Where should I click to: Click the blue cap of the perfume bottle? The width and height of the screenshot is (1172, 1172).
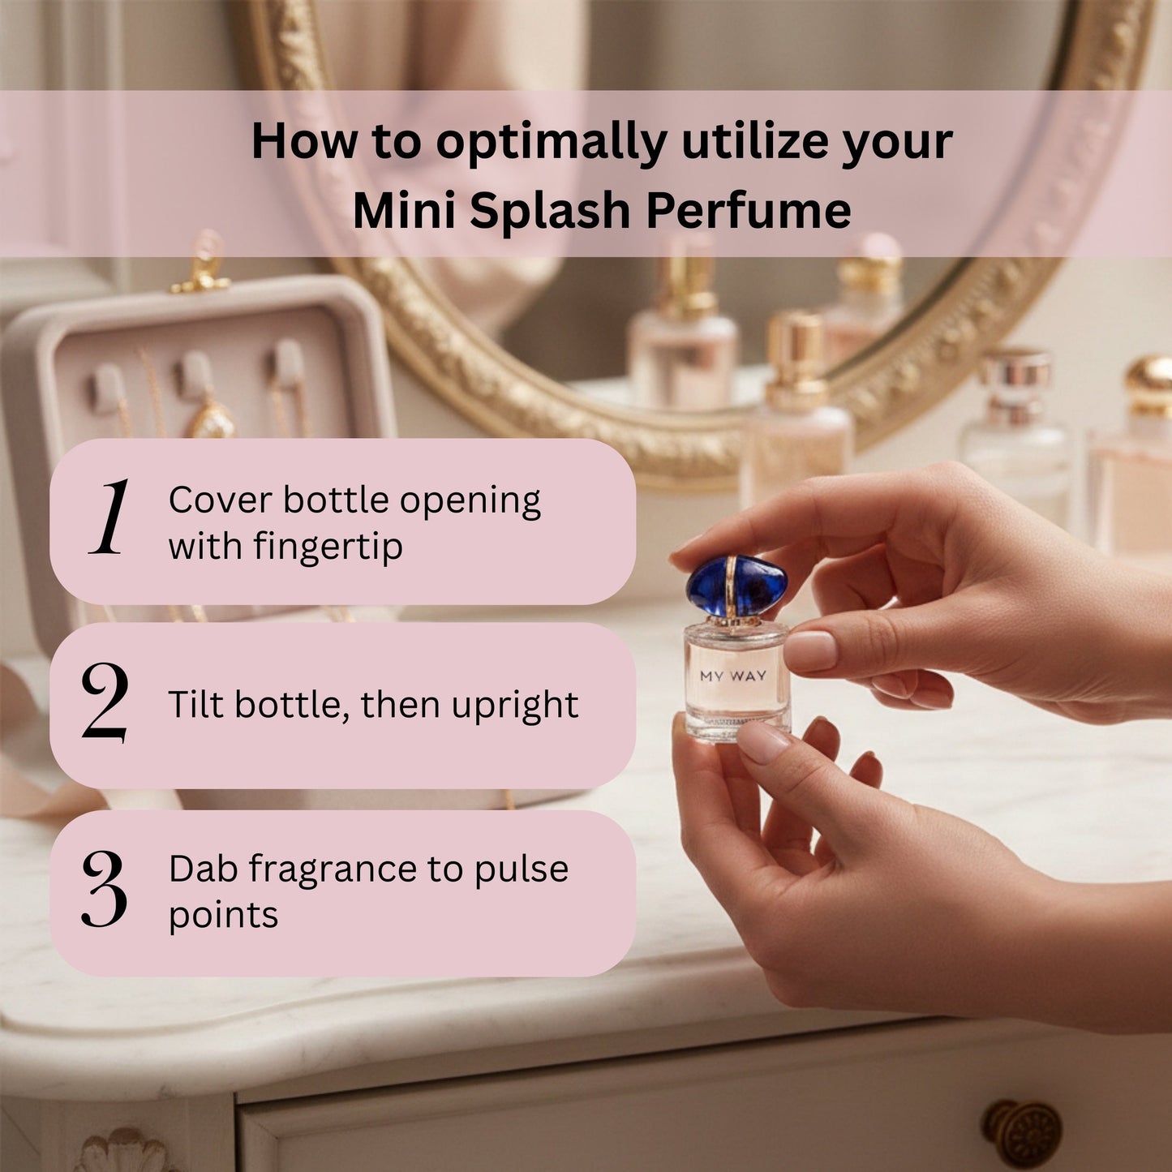(736, 586)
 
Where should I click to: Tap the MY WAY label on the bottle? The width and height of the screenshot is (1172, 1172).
(733, 676)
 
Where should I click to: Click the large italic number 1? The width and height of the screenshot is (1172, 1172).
(109, 517)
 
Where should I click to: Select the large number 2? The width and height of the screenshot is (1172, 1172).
(105, 702)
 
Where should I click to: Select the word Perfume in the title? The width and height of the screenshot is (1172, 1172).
(748, 210)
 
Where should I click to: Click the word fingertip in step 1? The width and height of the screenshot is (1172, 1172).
(328, 546)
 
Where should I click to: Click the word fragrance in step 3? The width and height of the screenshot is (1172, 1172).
(333, 869)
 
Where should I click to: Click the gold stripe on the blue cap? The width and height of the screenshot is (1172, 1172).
(733, 586)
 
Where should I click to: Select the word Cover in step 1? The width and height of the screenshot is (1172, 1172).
(220, 500)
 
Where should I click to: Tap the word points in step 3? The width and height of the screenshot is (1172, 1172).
(223, 915)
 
